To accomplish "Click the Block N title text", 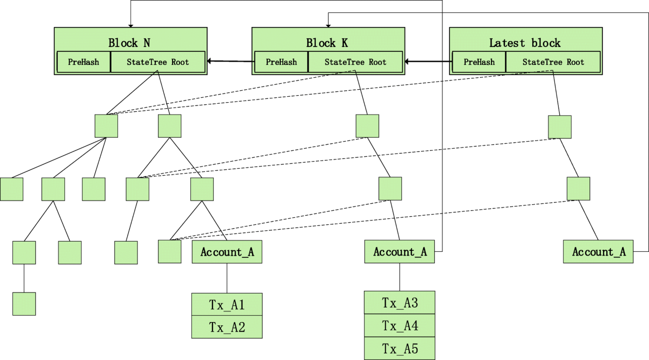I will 129,43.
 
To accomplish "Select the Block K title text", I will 327,43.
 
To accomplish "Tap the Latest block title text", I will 525,43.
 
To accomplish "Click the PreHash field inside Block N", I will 84,62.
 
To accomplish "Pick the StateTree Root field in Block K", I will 355,62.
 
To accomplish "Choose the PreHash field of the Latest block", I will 479,62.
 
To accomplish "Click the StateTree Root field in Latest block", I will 553,62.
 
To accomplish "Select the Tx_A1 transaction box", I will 227,304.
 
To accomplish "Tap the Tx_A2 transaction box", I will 227,327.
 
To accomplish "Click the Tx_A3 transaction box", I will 399,302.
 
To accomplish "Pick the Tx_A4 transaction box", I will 399,325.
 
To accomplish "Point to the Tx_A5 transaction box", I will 399,349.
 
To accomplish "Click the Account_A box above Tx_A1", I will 227,252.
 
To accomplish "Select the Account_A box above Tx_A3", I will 399,252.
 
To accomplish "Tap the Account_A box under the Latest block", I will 598,252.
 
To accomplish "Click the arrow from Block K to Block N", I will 230,61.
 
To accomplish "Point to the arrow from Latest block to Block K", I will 428,62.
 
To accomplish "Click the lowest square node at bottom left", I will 24,304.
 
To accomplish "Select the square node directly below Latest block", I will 560,127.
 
